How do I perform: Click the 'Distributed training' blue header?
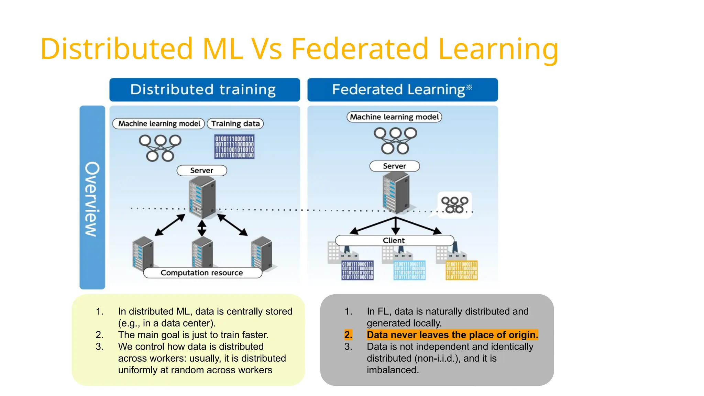pyautogui.click(x=204, y=90)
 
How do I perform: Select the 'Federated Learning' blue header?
pyautogui.click(x=402, y=90)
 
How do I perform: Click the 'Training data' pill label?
pyautogui.click(x=235, y=124)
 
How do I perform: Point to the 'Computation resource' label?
pyautogui.click(x=202, y=273)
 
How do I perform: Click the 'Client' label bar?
pyautogui.click(x=394, y=240)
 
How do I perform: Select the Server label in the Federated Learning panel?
pyautogui.click(x=394, y=166)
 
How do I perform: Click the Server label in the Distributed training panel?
pyautogui.click(x=202, y=170)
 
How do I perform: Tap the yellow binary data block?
pyautogui.click(x=461, y=270)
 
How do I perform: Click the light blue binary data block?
pyautogui.click(x=409, y=270)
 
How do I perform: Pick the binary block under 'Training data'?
pyautogui.click(x=234, y=147)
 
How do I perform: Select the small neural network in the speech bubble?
pyautogui.click(x=454, y=205)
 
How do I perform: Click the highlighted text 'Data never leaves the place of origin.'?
pyautogui.click(x=452, y=335)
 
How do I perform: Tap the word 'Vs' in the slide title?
pyautogui.click(x=267, y=49)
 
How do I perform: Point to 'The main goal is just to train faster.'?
pyautogui.click(x=193, y=335)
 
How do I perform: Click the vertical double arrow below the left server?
pyautogui.click(x=202, y=228)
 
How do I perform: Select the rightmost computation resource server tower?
pyautogui.click(x=262, y=253)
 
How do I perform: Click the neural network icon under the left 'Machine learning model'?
pyautogui.click(x=160, y=148)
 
